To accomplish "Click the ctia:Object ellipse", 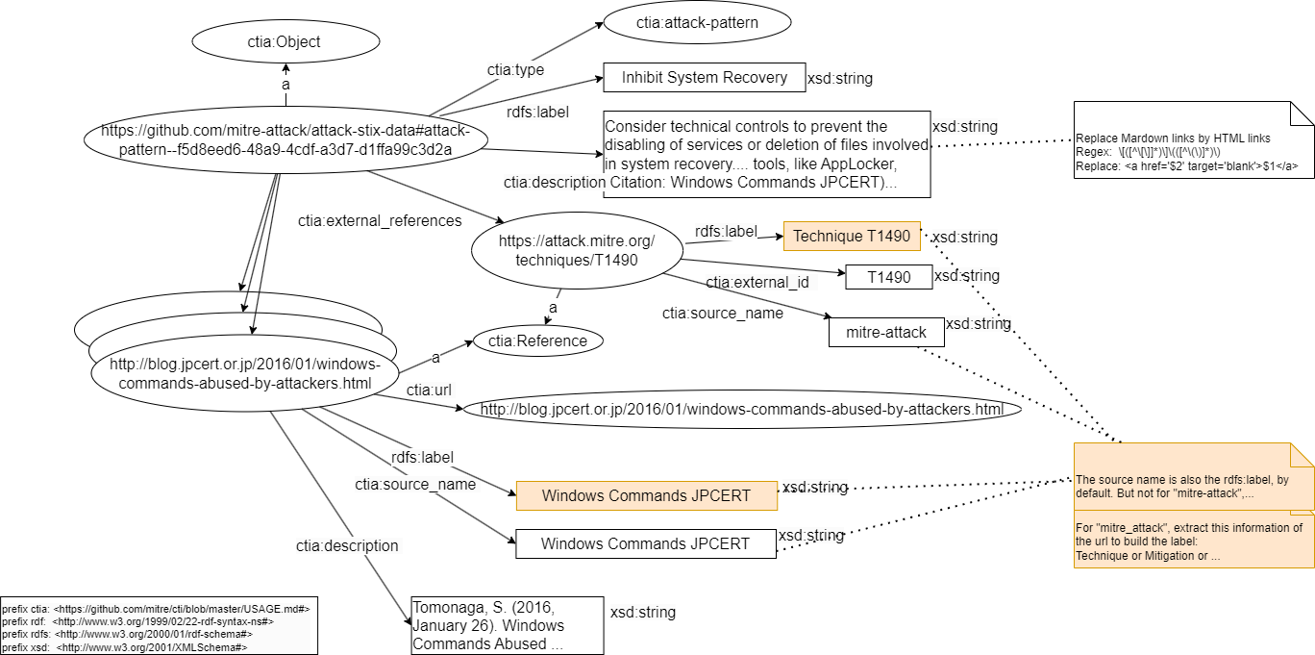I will coord(285,41).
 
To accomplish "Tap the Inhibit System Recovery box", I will coord(704,78).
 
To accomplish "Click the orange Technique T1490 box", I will coord(852,236).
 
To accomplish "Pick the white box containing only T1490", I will coord(888,277).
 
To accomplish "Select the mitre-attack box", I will coord(885,332).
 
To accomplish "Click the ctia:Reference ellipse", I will coord(537,340).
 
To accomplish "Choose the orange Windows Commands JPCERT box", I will coord(646,495).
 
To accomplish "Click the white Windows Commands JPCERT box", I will coord(645,543).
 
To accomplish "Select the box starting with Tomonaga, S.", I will coord(507,626).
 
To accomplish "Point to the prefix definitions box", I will coord(159,628).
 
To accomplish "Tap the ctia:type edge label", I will coord(515,70).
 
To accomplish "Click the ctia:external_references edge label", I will coord(380,220).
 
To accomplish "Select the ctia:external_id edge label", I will coord(757,283).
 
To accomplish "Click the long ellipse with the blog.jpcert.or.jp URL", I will coord(735,410).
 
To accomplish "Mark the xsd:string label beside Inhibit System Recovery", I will coord(839,79).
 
